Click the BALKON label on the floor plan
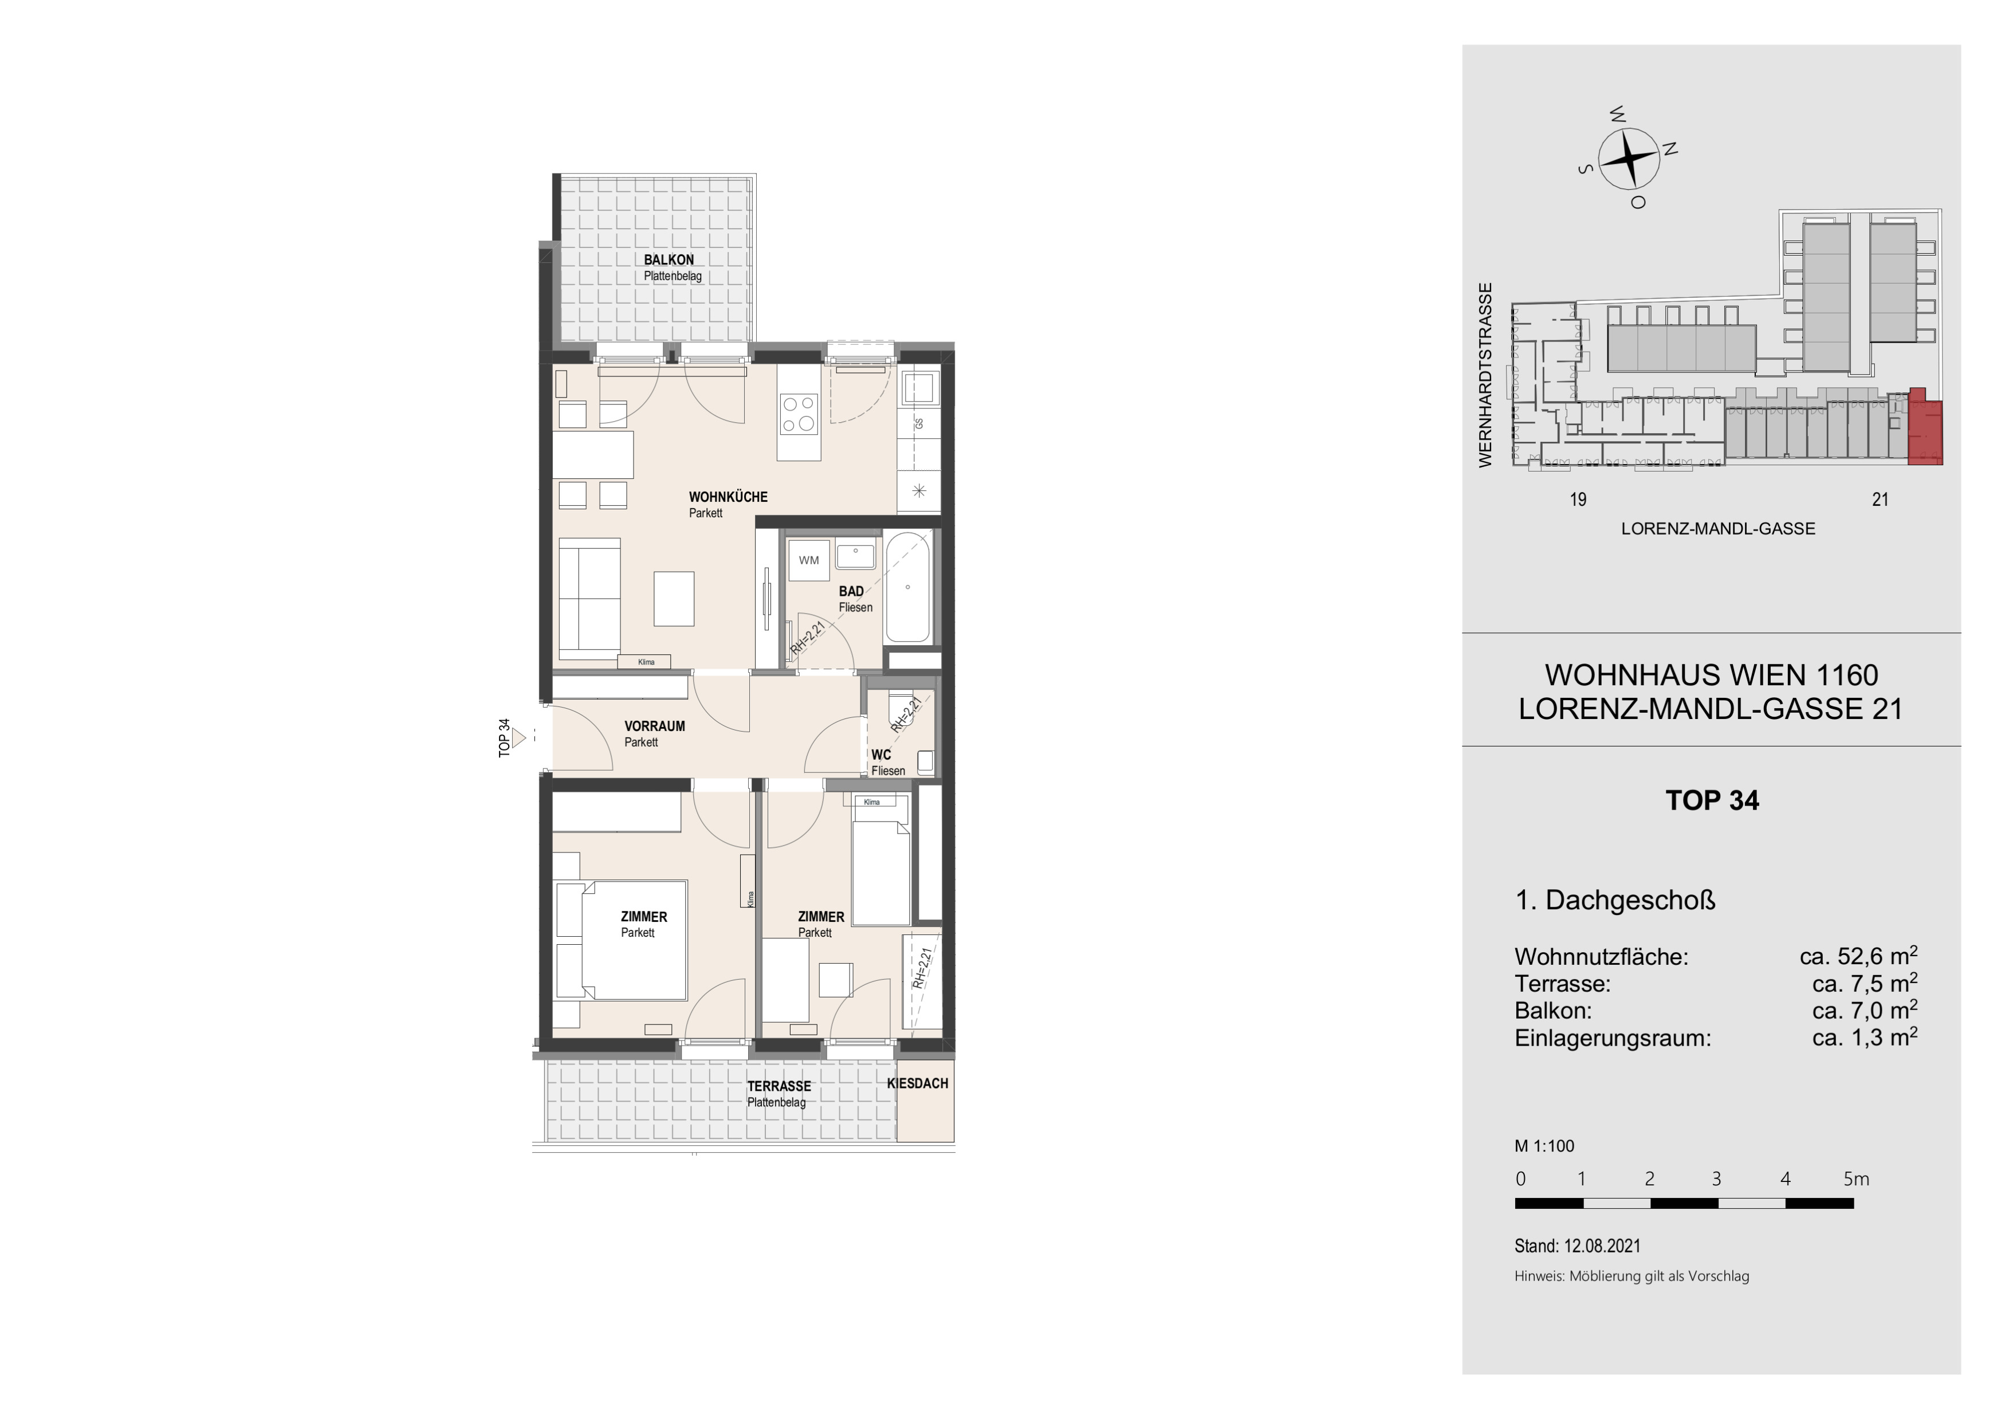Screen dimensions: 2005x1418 (x=669, y=260)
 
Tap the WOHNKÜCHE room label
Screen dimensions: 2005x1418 (x=728, y=497)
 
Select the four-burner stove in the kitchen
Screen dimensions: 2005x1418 (x=799, y=414)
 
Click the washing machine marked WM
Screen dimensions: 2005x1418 (x=809, y=560)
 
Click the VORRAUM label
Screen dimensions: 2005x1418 (x=654, y=725)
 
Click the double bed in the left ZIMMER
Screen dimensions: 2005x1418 (x=621, y=940)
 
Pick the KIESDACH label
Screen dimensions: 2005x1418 (x=917, y=1083)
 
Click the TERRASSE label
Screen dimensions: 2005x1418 (x=779, y=1086)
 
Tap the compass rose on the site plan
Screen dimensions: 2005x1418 (x=1630, y=159)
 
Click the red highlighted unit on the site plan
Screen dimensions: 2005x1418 (x=1925, y=430)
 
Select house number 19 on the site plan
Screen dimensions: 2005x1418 (x=1578, y=500)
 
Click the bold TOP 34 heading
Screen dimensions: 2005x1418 (x=1712, y=801)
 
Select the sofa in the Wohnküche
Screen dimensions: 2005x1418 (x=589, y=599)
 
